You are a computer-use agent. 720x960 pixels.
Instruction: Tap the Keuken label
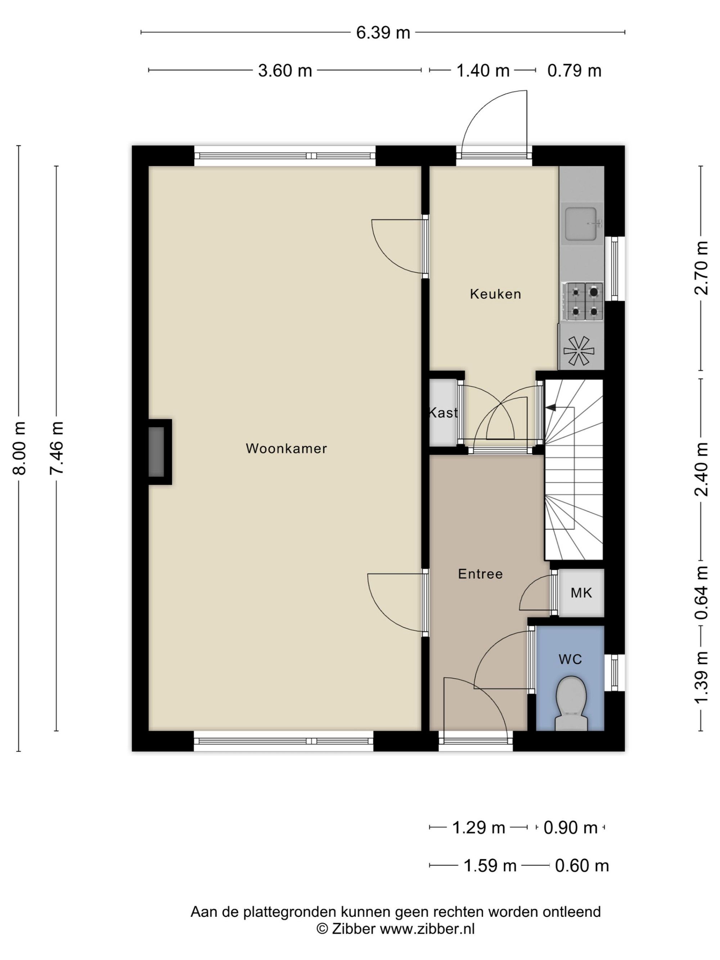pos(495,294)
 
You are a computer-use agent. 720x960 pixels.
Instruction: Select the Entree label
pos(481,574)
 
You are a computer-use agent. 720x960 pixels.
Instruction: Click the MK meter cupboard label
pos(581,592)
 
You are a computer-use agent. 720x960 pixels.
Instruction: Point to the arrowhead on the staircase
pos(551,407)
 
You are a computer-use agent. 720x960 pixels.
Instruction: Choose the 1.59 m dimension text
pos(490,866)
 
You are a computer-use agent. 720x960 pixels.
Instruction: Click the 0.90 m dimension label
pos(571,828)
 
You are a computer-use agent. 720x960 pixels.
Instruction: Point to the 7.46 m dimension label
pos(57,448)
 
